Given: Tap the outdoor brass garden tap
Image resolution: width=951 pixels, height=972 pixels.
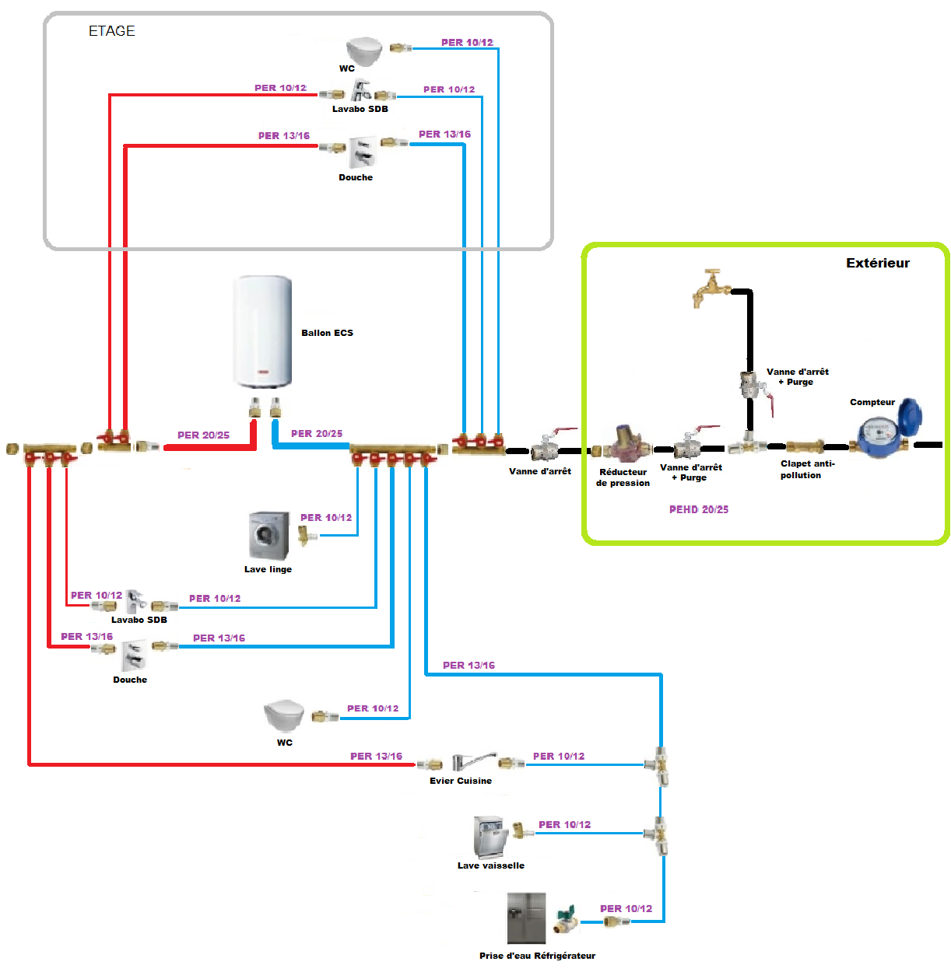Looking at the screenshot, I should pyautogui.click(x=711, y=288).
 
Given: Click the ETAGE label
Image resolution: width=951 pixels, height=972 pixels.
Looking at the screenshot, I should pyautogui.click(x=112, y=31).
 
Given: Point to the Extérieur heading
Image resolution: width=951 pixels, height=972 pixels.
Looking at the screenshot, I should pyautogui.click(x=878, y=263).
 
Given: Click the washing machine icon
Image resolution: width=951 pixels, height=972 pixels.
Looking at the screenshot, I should pyautogui.click(x=269, y=536).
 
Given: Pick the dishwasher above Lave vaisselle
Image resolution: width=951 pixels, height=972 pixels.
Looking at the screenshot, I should pyautogui.click(x=490, y=837).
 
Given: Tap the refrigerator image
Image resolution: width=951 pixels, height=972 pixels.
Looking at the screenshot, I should pyautogui.click(x=526, y=918).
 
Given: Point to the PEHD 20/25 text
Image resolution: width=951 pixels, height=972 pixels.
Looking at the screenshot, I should pyautogui.click(x=699, y=509).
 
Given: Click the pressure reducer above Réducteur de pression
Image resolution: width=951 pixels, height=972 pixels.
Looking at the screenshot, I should pyautogui.click(x=623, y=444).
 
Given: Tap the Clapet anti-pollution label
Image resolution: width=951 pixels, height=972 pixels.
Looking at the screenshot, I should pyautogui.click(x=807, y=469).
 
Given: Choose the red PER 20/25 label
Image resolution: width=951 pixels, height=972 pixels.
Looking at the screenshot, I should pyautogui.click(x=203, y=435).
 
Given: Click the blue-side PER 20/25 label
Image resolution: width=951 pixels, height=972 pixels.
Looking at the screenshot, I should pyautogui.click(x=317, y=433).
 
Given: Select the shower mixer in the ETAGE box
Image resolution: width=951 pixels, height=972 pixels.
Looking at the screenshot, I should pyautogui.click(x=362, y=153).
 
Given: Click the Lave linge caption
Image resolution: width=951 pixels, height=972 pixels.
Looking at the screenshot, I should pyautogui.click(x=268, y=569).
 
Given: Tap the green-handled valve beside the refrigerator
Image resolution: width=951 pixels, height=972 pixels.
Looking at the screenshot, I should pyautogui.click(x=567, y=918).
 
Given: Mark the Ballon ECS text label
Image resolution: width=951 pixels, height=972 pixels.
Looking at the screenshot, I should pyautogui.click(x=327, y=333).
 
